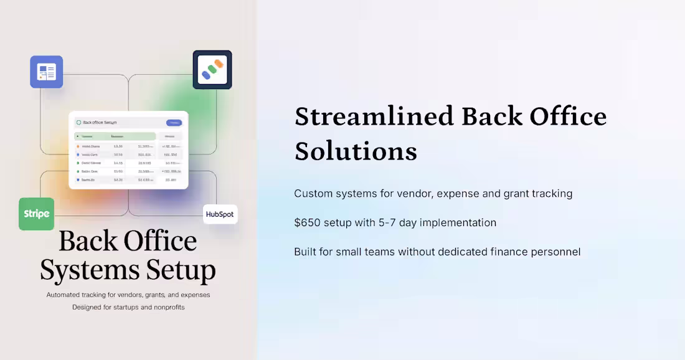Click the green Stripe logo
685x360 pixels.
pyautogui.click(x=36, y=214)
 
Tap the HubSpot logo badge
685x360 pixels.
pyautogui.click(x=220, y=215)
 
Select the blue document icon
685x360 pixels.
pyautogui.click(x=47, y=72)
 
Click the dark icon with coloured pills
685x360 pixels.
pyautogui.click(x=212, y=70)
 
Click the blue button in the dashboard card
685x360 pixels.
pyautogui.click(x=174, y=123)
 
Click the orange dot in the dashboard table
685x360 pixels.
pyautogui.click(x=78, y=146)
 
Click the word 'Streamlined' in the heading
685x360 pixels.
pyautogui.click(x=374, y=116)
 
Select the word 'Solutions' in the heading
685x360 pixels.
pyautogui.click(x=356, y=151)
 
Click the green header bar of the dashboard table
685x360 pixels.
pyautogui.click(x=115, y=136)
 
